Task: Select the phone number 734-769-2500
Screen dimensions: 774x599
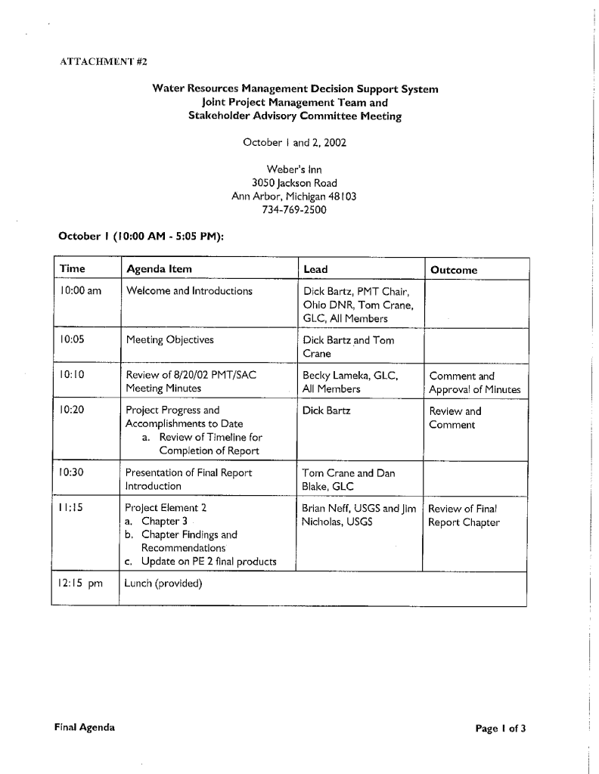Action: pos(294,209)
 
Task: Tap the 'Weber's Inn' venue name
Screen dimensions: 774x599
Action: pos(294,169)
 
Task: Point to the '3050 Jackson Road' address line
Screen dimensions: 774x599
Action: pos(294,183)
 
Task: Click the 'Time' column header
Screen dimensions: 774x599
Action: pos(73,269)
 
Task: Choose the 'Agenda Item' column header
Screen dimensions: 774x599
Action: pos(159,269)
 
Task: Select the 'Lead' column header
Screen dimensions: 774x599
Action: pos(315,269)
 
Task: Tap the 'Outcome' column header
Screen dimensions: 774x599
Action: pos(454,270)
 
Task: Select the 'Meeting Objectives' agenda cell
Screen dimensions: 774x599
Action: pos(169,339)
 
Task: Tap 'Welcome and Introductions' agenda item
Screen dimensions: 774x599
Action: pos(188,291)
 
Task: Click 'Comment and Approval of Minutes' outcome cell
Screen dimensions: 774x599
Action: pos(474,382)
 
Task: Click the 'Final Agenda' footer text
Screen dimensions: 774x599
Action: pos(85,727)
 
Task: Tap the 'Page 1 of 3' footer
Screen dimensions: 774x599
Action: pos(500,729)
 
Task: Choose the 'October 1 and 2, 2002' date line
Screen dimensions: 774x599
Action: pos(294,142)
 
